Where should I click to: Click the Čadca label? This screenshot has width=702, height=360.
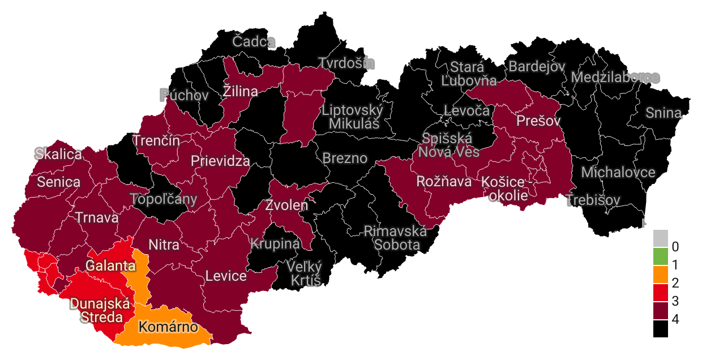[x=254, y=41]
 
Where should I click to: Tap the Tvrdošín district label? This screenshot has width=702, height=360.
[x=346, y=63]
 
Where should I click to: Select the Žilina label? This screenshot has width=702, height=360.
[x=240, y=91]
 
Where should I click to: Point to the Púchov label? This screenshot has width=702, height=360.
[x=184, y=95]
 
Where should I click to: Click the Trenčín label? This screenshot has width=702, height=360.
[x=156, y=140]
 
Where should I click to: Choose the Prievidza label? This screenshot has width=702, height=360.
[x=220, y=161]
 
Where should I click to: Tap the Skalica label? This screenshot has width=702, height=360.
[x=58, y=153]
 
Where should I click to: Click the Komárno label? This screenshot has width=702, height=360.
[x=168, y=327]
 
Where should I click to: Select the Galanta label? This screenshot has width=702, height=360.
[x=110, y=265]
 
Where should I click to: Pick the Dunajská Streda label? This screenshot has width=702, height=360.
[x=101, y=310]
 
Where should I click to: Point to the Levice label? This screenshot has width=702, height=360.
[x=226, y=276]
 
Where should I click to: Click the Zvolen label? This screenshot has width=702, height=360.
[x=287, y=205]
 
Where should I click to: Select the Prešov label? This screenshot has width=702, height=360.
[x=538, y=121]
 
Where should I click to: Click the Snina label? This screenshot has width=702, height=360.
[x=664, y=113]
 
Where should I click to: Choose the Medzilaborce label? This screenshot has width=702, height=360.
[x=615, y=77]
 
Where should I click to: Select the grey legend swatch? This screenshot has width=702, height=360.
[x=660, y=238]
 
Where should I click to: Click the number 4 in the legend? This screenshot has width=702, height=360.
[x=675, y=320]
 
